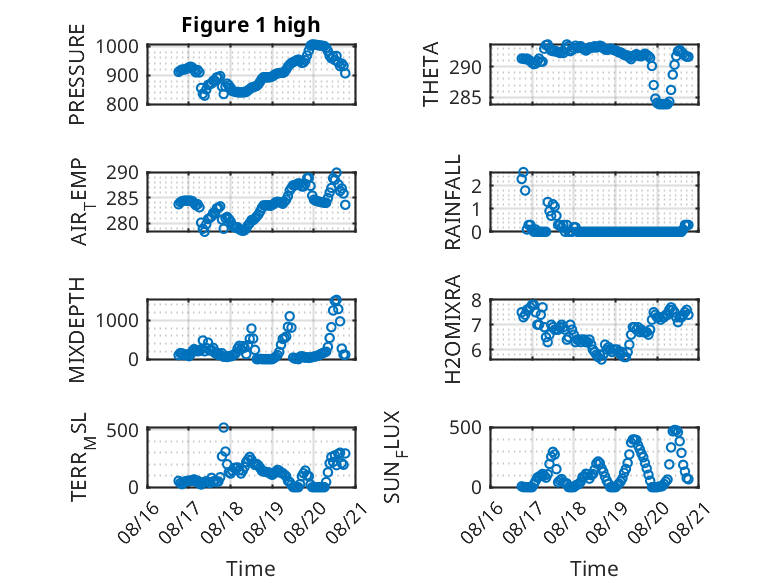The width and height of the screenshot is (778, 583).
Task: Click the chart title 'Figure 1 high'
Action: pos(251,25)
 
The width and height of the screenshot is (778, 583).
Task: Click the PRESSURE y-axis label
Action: pos(77,74)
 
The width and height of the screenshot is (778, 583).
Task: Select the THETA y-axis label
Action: pos(431,74)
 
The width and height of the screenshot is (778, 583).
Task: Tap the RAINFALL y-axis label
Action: pos(453,202)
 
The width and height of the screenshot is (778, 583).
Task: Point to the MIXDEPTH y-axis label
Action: pos(77,329)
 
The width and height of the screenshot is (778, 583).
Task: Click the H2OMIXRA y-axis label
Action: pos(453,329)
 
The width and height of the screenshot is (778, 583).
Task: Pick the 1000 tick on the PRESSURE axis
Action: pos(117,47)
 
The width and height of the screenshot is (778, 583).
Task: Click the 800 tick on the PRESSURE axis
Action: pos(122,104)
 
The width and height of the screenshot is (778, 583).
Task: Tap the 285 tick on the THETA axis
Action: pos(465,98)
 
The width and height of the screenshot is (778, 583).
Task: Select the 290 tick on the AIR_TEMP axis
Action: pos(122,173)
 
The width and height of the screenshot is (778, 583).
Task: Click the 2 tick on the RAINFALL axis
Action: pos(476,186)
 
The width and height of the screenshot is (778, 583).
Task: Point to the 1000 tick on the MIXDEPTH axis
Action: pos(117,321)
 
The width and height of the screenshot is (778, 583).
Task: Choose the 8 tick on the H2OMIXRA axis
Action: pos(476,300)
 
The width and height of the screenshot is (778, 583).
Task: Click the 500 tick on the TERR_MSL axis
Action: pos(122,430)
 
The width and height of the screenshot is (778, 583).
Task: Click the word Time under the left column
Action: pos(251,568)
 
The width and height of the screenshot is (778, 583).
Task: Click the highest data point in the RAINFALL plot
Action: pos(523,172)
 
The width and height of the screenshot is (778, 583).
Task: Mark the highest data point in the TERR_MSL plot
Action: pos(224,427)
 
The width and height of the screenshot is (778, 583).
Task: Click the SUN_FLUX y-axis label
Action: pos(393,456)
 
